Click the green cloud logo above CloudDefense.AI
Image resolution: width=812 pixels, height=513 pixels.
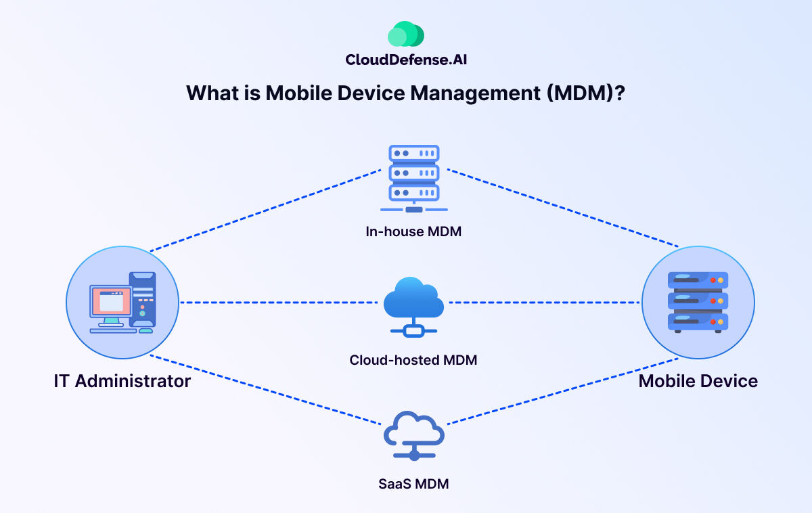click(406, 34)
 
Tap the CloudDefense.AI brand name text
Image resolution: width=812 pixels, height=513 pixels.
click(406, 60)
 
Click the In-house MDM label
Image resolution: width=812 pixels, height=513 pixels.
click(413, 232)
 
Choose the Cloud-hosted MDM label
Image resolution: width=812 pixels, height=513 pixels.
click(413, 360)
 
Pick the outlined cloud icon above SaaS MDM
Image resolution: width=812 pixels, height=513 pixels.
click(413, 433)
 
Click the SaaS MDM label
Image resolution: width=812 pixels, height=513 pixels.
click(413, 484)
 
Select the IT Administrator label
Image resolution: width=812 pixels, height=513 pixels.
click(122, 381)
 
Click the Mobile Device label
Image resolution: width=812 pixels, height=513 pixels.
click(698, 381)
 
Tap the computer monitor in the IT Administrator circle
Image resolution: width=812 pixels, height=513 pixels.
click(110, 303)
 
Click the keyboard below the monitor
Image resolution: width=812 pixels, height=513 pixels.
click(112, 330)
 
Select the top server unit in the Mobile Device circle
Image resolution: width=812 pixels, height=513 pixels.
click(698, 279)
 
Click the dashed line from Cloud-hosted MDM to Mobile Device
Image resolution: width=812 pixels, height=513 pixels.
click(545, 303)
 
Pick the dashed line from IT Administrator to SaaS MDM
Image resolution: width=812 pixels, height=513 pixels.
click(264, 390)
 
